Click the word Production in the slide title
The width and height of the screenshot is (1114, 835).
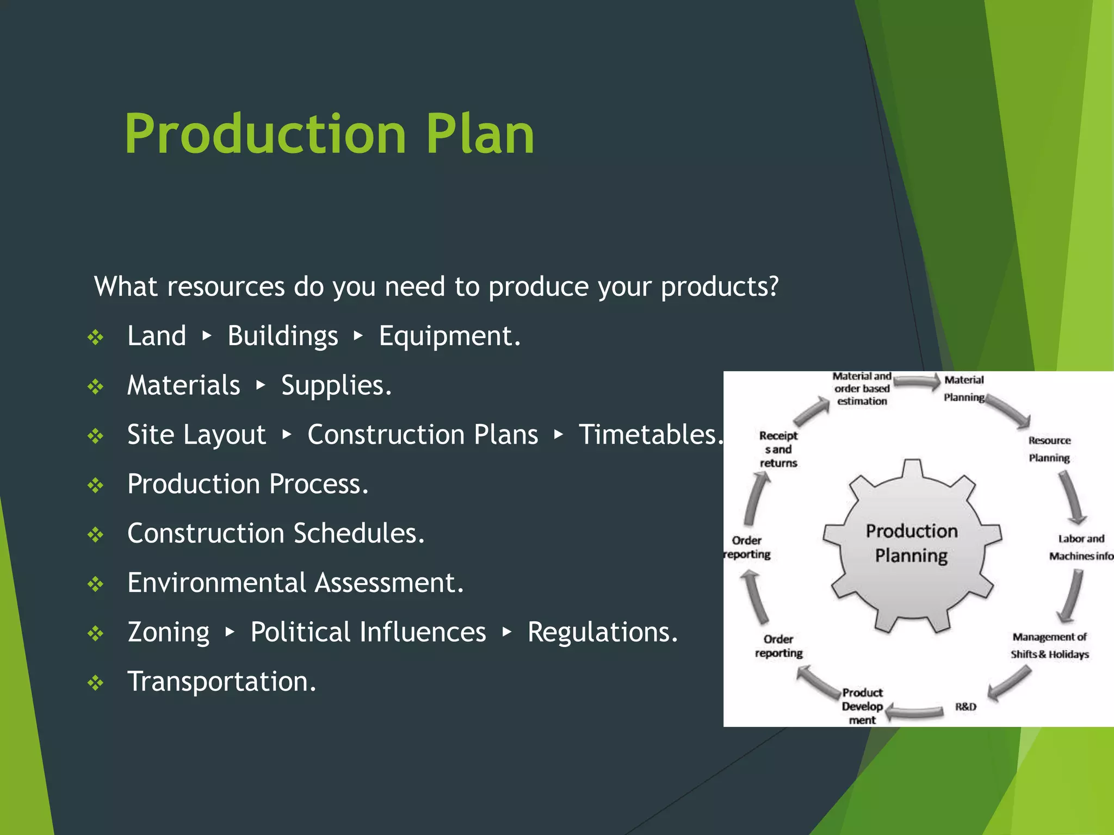(265, 134)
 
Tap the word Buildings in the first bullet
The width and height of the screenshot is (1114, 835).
(282, 336)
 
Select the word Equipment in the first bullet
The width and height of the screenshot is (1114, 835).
(449, 336)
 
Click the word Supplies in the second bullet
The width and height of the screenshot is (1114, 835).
(335, 385)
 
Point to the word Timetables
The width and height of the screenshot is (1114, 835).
(650, 435)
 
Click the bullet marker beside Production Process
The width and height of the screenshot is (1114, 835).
(96, 485)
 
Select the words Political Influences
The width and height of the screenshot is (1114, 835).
(368, 632)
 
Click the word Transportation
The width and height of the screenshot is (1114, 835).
(221, 682)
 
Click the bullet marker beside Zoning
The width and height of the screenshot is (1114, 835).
(96, 633)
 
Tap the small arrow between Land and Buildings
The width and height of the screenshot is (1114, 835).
(207, 336)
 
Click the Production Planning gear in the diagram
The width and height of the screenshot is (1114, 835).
(912, 544)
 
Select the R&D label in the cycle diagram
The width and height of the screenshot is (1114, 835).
(966, 707)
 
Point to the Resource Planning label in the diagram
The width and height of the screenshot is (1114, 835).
(1049, 449)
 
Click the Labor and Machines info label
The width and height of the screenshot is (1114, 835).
(1080, 547)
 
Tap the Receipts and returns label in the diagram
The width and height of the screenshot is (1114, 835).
(778, 449)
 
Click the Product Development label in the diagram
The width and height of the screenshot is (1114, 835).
(862, 706)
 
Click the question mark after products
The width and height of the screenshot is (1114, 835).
(773, 286)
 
